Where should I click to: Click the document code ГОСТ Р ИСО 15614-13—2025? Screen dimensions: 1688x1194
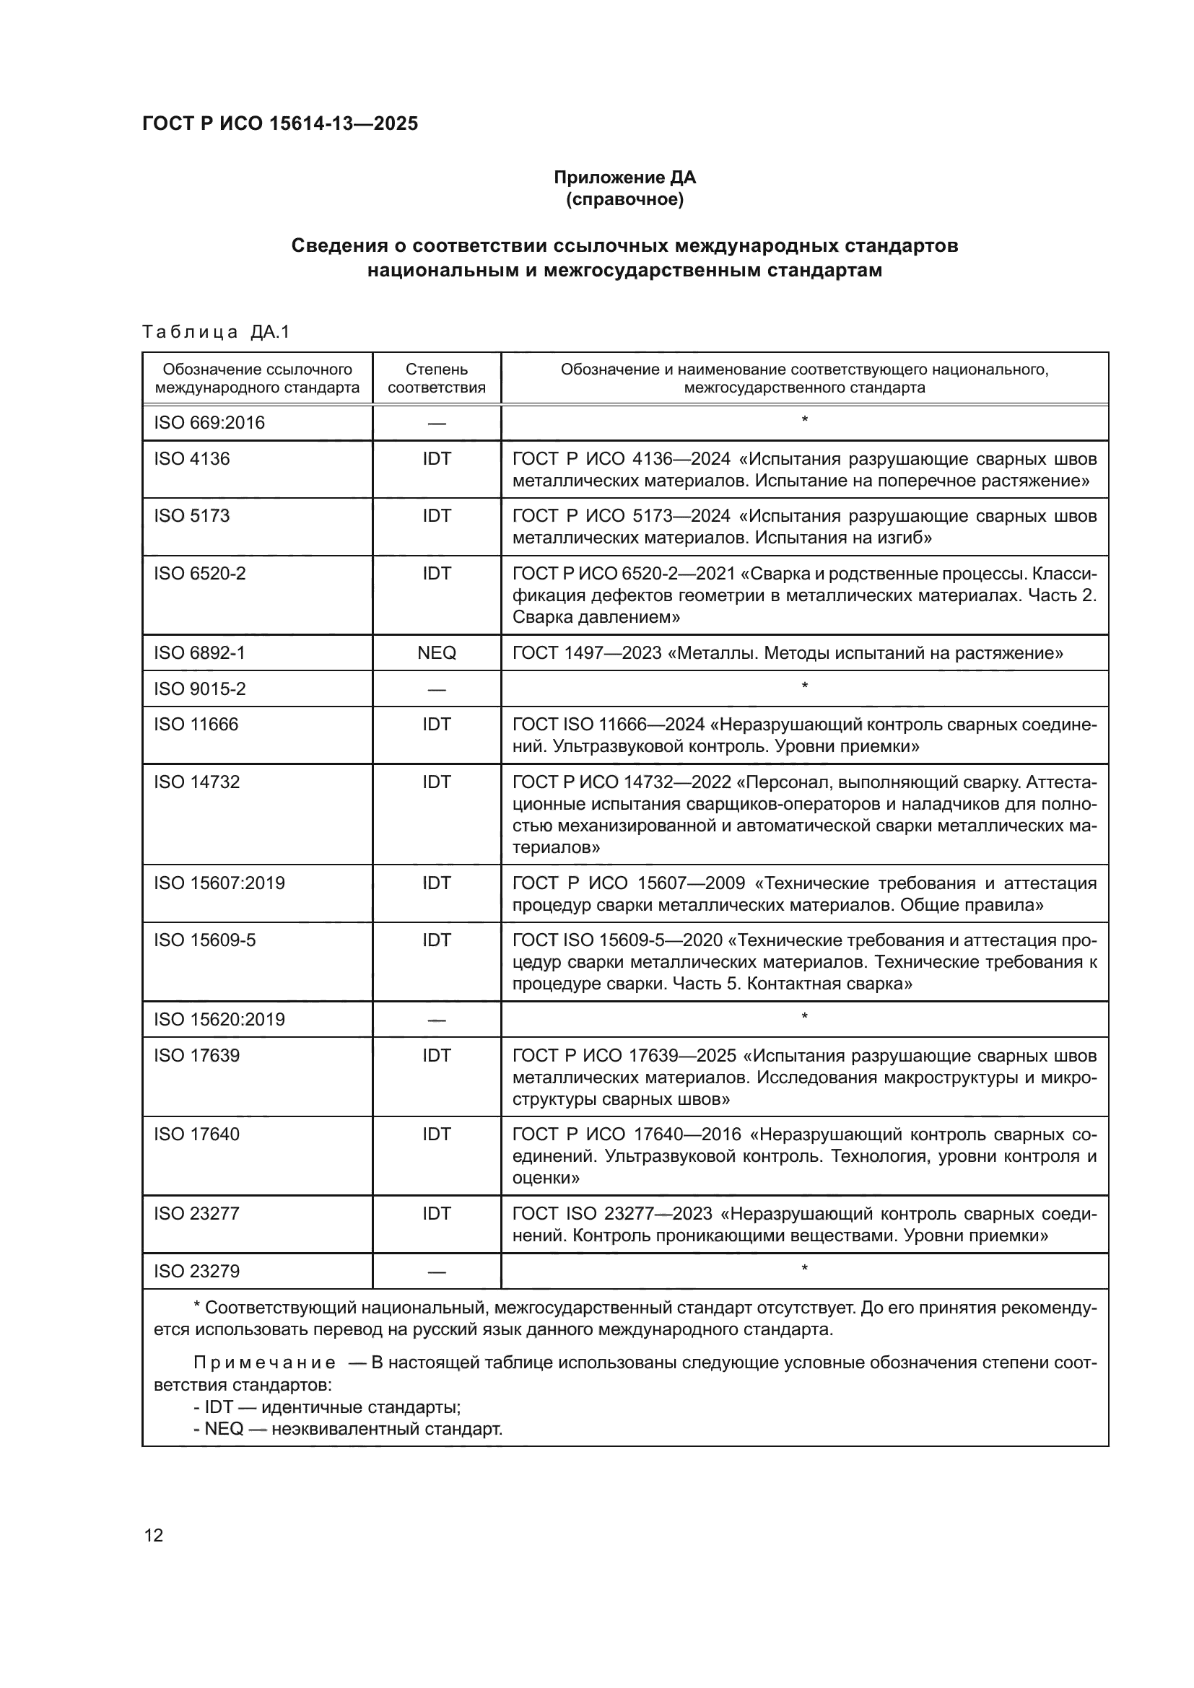click(x=279, y=123)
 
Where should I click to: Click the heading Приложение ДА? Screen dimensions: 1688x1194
click(x=624, y=178)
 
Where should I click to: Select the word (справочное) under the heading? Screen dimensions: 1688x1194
click(x=624, y=199)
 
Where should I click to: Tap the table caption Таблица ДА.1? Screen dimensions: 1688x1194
click(x=216, y=332)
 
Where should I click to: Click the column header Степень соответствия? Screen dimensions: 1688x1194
click(x=436, y=378)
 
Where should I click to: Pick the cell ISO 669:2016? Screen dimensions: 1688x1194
click(x=209, y=423)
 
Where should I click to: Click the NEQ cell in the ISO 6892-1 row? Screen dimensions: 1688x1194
click(x=436, y=653)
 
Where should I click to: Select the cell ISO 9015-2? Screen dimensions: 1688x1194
click(x=199, y=689)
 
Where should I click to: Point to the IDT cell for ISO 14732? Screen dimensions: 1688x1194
click(x=436, y=782)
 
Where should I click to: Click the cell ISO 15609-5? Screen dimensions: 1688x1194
click(x=204, y=940)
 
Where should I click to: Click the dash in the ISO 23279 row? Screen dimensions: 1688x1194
click(x=436, y=1272)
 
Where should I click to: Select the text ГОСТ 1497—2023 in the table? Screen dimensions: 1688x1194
click(x=587, y=653)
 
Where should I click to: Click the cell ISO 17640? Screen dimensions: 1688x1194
click(x=196, y=1134)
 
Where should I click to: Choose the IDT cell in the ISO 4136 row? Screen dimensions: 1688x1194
click(x=436, y=459)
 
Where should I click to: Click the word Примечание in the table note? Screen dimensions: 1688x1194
click(x=265, y=1363)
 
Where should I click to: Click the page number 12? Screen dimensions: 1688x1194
click(x=154, y=1535)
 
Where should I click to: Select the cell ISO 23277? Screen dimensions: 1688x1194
click(x=196, y=1214)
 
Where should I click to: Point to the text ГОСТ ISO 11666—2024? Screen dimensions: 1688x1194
click(x=609, y=725)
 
